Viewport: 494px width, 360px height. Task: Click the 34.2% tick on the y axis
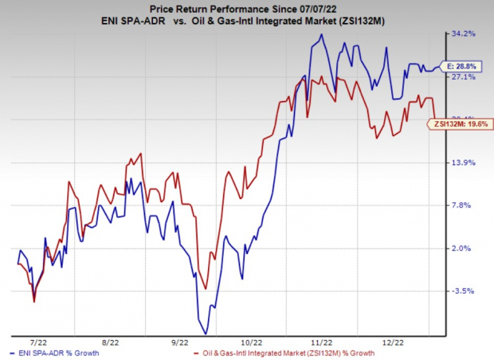(x=465, y=34)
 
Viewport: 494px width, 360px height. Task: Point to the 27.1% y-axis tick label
(x=465, y=77)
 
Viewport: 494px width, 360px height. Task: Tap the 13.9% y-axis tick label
(x=465, y=162)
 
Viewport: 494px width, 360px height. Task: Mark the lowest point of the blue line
(x=206, y=333)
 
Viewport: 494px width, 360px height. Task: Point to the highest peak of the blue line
(x=321, y=34)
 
